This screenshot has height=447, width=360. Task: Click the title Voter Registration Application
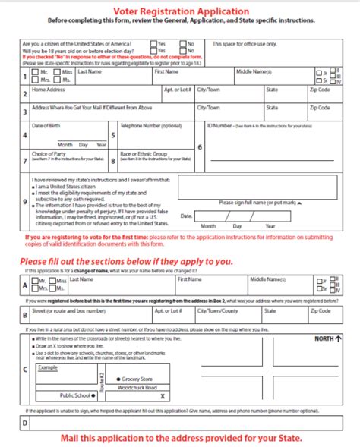pos(180,11)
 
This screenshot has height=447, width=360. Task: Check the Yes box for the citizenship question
pos(154,45)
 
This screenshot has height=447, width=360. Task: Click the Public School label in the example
pos(75,395)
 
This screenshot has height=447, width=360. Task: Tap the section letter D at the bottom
pos(25,423)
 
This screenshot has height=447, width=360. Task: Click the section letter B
pos(25,314)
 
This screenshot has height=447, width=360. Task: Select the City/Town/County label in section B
pos(218,310)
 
